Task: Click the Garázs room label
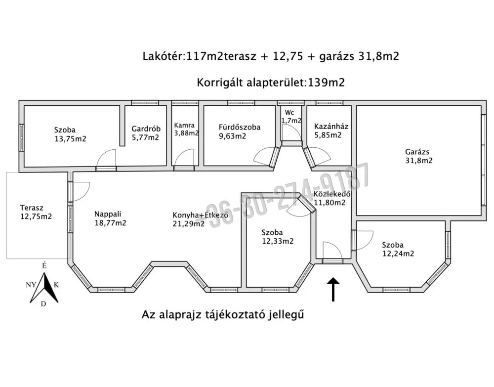(419, 156)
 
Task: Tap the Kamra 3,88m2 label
(187, 129)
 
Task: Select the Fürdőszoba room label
(240, 131)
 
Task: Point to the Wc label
(289, 113)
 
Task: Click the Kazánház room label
(331, 131)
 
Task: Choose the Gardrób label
(146, 133)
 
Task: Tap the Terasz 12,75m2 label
(36, 212)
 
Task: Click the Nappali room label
(110, 218)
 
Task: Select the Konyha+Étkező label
(201, 215)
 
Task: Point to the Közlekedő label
(332, 194)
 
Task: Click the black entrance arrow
(333, 289)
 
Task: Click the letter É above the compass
(44, 265)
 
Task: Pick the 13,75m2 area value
(70, 139)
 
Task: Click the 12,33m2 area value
(278, 241)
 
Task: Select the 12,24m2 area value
(398, 254)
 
